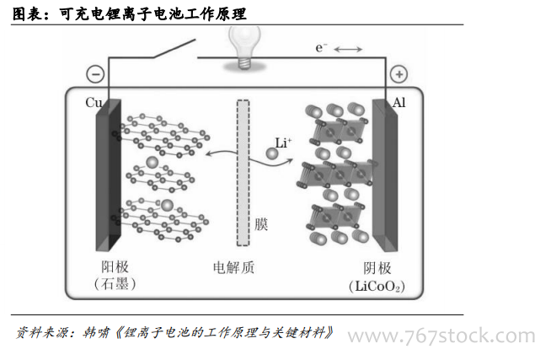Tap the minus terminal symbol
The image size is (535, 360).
(x=97, y=74)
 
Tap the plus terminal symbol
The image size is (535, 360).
(x=398, y=74)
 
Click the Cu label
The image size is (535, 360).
(x=94, y=103)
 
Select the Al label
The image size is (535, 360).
(x=400, y=103)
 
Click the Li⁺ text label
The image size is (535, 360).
(x=283, y=144)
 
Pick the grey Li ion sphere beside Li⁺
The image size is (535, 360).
(x=272, y=155)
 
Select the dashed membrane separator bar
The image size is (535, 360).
(x=243, y=172)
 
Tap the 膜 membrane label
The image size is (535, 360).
(x=261, y=225)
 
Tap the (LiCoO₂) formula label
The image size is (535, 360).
(x=376, y=286)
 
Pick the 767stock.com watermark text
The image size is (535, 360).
(x=441, y=336)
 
